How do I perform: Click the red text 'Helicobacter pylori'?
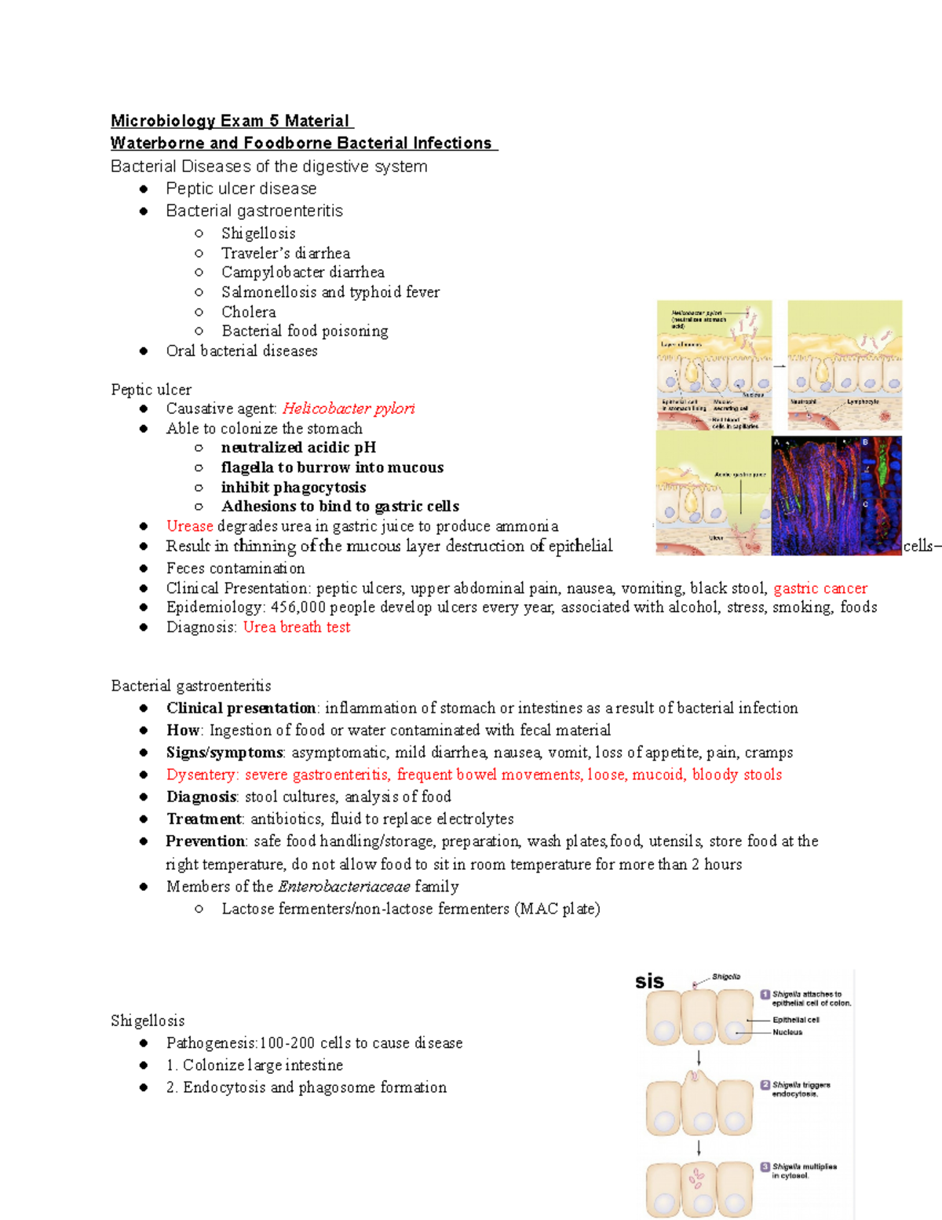[x=348, y=408]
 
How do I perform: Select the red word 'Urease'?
[x=189, y=526]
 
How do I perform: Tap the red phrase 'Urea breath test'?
[x=297, y=627]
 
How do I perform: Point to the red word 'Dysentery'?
[x=201, y=775]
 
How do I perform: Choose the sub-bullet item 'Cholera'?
[x=248, y=312]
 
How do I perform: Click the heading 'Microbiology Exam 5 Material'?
[x=231, y=121]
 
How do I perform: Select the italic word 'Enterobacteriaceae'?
[x=344, y=887]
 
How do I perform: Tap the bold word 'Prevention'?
[x=206, y=841]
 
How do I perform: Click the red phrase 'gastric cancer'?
[x=820, y=588]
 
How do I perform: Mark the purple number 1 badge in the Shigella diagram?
[x=765, y=995]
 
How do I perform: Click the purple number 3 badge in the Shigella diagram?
[x=765, y=1167]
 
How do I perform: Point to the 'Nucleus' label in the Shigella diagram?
[x=787, y=1032]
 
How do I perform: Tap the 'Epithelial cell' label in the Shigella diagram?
[x=795, y=1020]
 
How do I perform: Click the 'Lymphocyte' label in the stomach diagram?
[x=863, y=401]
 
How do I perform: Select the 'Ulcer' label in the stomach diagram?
[x=716, y=538]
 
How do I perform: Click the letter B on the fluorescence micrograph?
[x=866, y=442]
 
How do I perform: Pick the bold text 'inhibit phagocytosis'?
[x=294, y=487]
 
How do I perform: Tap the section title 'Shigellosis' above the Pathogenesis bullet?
[x=148, y=1020]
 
